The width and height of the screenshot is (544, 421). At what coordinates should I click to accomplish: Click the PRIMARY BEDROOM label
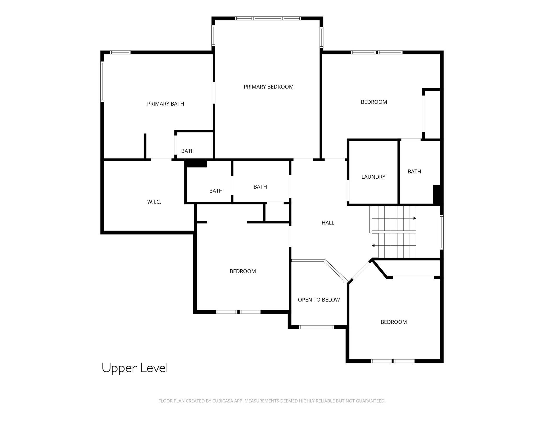tap(268, 87)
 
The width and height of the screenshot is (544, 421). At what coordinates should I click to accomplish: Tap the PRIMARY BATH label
tap(166, 104)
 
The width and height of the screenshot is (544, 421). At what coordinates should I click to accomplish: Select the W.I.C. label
tap(154, 202)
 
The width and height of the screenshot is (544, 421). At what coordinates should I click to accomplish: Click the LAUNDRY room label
tap(373, 177)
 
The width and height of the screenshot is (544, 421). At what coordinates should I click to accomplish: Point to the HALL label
tap(328, 223)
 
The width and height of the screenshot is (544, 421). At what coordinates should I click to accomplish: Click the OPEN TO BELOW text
tap(319, 300)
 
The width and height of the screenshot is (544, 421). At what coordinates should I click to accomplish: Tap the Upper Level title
tap(135, 368)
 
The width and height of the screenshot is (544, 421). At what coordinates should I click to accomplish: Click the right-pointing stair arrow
tap(415, 218)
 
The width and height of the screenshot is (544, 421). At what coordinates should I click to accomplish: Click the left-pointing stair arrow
tap(373, 245)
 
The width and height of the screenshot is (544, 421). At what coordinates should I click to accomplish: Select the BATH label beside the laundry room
tap(414, 172)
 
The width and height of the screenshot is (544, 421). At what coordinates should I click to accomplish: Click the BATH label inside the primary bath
tap(188, 151)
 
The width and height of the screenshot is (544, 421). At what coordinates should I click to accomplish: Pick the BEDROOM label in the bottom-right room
tap(394, 322)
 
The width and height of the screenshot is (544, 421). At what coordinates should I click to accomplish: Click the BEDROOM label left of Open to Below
tap(243, 271)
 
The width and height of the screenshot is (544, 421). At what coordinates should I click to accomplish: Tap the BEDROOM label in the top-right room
tap(374, 102)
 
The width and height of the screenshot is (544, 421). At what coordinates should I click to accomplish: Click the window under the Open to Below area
tap(316, 327)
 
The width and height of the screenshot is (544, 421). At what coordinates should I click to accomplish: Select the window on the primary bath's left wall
tap(102, 81)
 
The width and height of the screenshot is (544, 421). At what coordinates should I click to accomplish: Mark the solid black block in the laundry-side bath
tap(437, 194)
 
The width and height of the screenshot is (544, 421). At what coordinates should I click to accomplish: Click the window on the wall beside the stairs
tap(441, 232)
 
